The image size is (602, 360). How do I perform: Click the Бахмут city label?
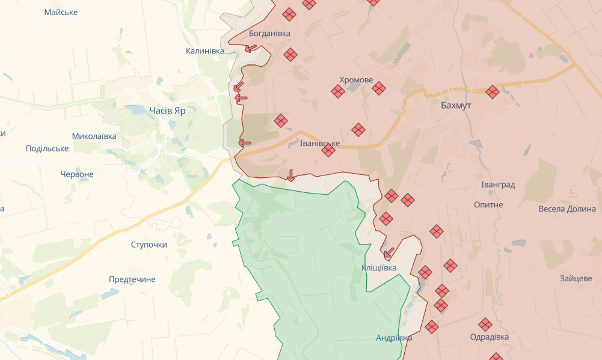pyautogui.click(x=455, y=105)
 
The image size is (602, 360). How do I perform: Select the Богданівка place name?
pyautogui.click(x=269, y=33)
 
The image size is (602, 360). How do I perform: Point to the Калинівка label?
pyautogui.click(x=204, y=51)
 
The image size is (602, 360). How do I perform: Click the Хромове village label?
pyautogui.click(x=356, y=80)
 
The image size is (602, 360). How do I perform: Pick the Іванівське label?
pyautogui.click(x=319, y=144)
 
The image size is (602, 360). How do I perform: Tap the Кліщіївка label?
pyautogui.click(x=379, y=267)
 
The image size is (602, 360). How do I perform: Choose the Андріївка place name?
pyautogui.click(x=394, y=338)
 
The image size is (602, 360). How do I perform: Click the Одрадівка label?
pyautogui.click(x=489, y=337)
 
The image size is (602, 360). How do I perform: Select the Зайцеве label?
pyautogui.click(x=576, y=278)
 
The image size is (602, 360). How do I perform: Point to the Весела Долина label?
pyautogui.click(x=567, y=209)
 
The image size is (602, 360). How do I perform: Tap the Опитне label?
pyautogui.click(x=488, y=204)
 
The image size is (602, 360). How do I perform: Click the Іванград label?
pyautogui.click(x=498, y=185)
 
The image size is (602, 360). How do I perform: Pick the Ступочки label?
pyautogui.click(x=149, y=245)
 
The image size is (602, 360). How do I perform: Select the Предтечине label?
pyautogui.click(x=132, y=279)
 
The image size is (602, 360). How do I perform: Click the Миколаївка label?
pyautogui.click(x=94, y=136)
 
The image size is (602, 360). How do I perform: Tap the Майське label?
pyautogui.click(x=61, y=12)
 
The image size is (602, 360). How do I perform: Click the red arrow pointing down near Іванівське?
pyautogui.click(x=291, y=175)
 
